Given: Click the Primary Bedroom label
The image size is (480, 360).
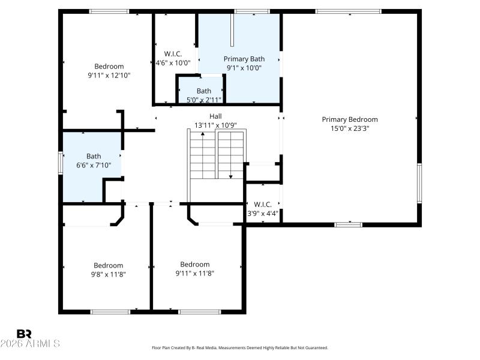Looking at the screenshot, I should click(x=350, y=119).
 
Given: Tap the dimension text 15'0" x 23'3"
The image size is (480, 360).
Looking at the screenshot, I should click(x=350, y=128).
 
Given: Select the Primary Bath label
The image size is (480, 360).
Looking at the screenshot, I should click(x=244, y=59).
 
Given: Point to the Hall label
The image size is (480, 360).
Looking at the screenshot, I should click(x=215, y=116).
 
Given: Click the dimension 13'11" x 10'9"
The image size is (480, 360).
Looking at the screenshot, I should click(x=215, y=125).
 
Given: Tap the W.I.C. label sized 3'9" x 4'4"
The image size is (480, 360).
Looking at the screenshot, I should click(x=263, y=204).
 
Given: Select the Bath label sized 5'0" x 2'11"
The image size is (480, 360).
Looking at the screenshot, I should click(x=203, y=91).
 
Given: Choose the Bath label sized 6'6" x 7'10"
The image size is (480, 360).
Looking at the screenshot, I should click(x=94, y=156).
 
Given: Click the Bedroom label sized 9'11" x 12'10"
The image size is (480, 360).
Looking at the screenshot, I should click(x=109, y=67).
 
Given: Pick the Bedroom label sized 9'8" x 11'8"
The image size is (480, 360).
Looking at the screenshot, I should click(x=108, y=265).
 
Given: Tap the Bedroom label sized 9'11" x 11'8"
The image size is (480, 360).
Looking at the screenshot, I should click(x=195, y=265).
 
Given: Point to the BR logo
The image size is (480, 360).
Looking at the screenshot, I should click(x=25, y=334).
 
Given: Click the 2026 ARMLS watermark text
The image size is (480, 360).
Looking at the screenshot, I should click(x=30, y=344).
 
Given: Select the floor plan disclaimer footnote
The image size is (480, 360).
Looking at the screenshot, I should click(x=240, y=348).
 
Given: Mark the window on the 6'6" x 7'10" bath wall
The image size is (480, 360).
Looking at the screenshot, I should click(x=60, y=163).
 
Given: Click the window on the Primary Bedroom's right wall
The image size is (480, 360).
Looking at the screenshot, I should click(x=419, y=184).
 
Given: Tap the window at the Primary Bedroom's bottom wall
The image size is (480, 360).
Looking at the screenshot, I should click(x=348, y=224).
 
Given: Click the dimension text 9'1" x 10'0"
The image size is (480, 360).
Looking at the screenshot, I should click(x=244, y=68).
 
